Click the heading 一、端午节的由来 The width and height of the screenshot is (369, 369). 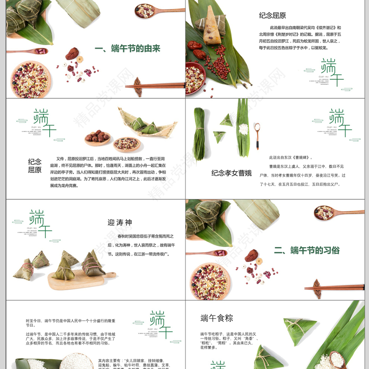(127, 48)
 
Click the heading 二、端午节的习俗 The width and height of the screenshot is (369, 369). (307, 250)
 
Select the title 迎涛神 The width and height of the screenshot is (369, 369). (119, 222)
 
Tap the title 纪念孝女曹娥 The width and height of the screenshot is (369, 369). (232, 173)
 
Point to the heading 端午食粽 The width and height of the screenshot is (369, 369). (217, 318)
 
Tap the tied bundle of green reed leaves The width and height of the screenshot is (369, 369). (199, 134)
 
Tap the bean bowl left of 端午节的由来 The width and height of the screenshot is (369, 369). (30, 80)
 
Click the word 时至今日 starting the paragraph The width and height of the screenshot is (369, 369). (35, 321)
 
